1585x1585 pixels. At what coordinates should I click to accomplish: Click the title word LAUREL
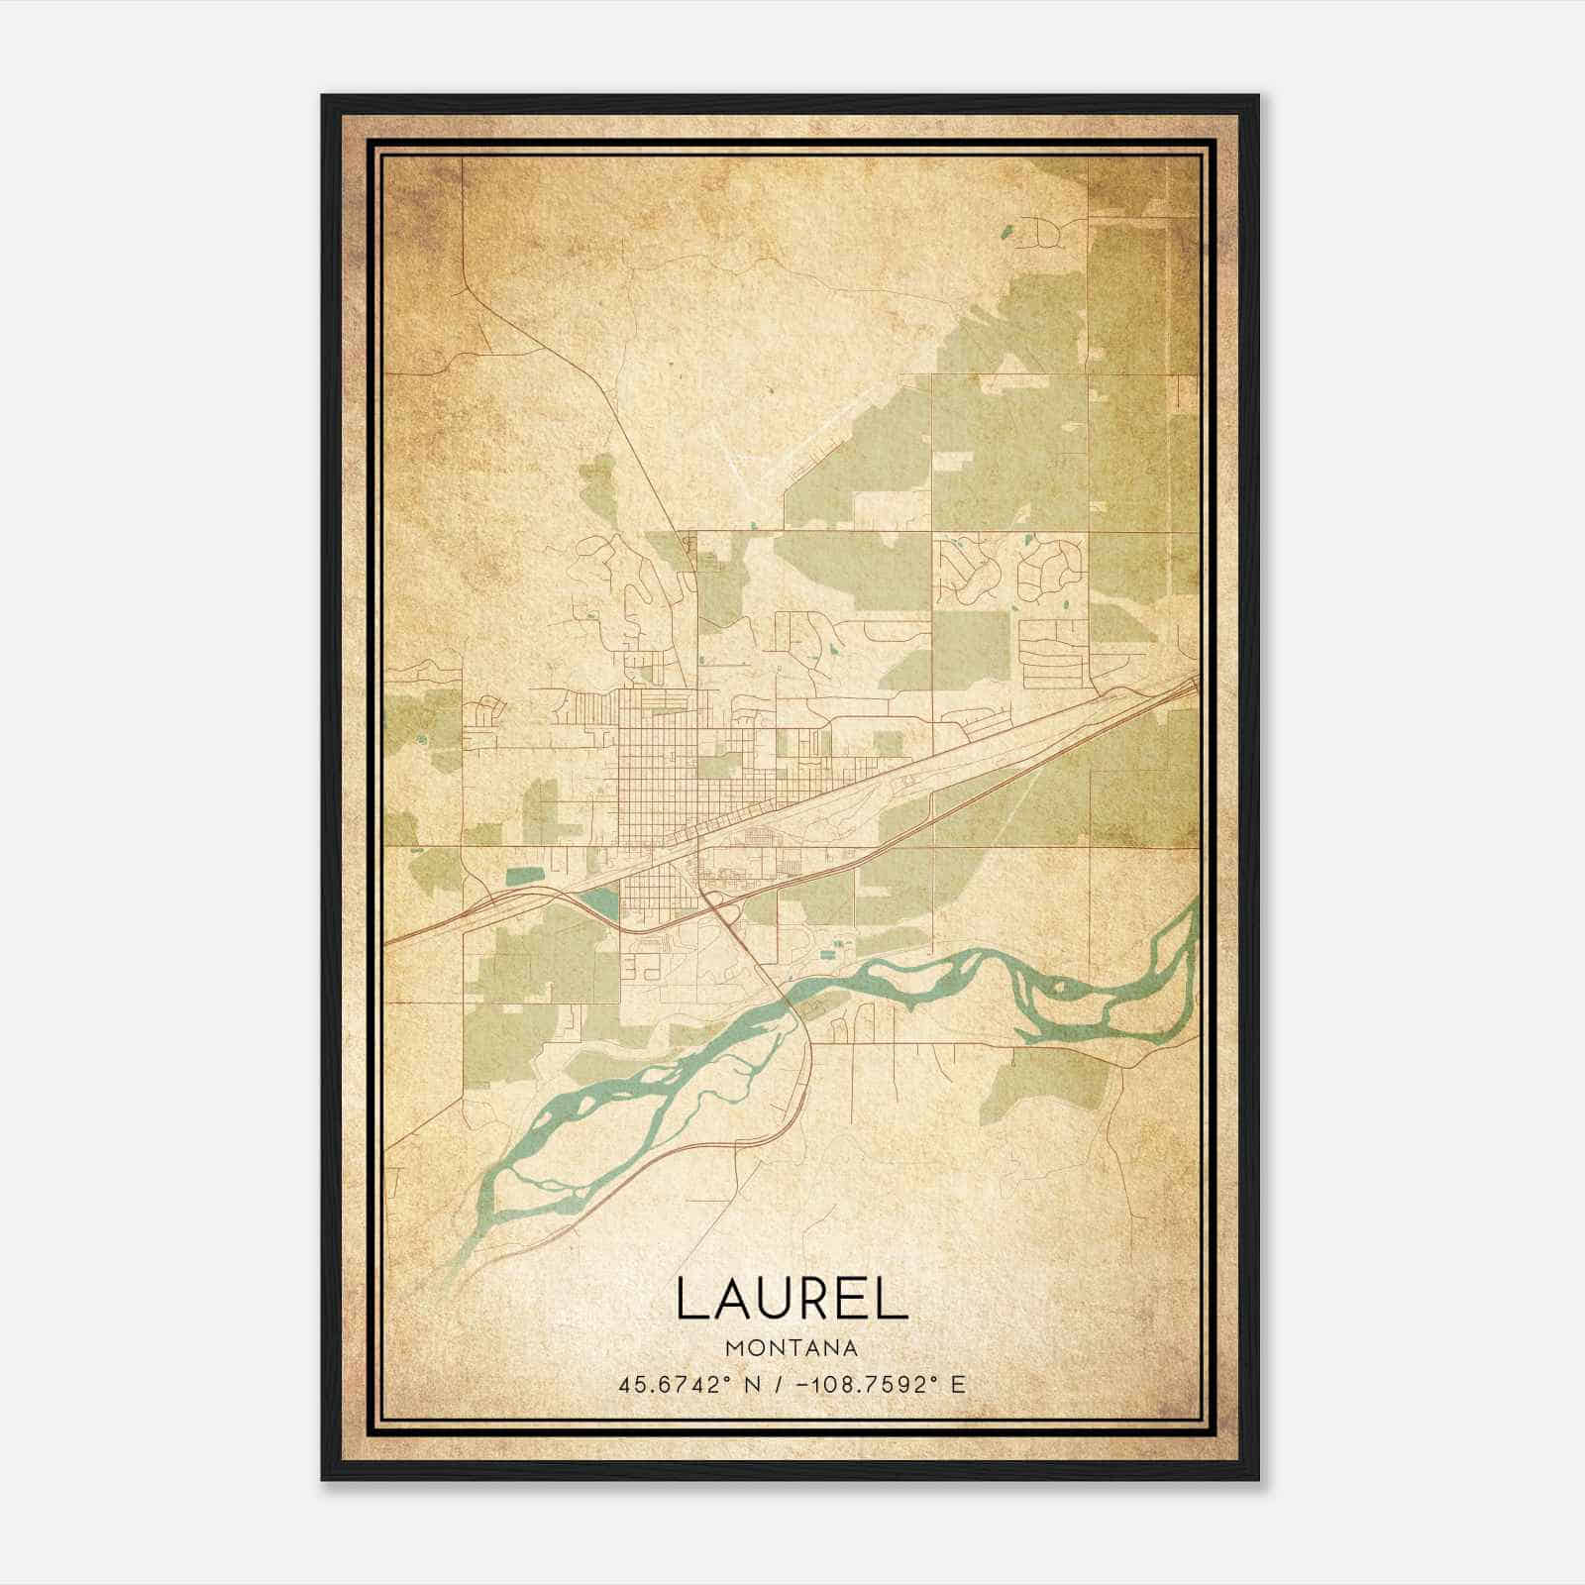click(x=792, y=1299)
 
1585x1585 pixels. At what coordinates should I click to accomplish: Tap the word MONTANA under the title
click(x=792, y=1348)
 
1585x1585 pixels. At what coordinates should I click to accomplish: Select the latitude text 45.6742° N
click(x=688, y=1385)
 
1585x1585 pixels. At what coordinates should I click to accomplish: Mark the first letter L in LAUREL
click(x=690, y=1299)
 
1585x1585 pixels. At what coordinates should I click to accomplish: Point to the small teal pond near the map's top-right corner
click(x=1007, y=235)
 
